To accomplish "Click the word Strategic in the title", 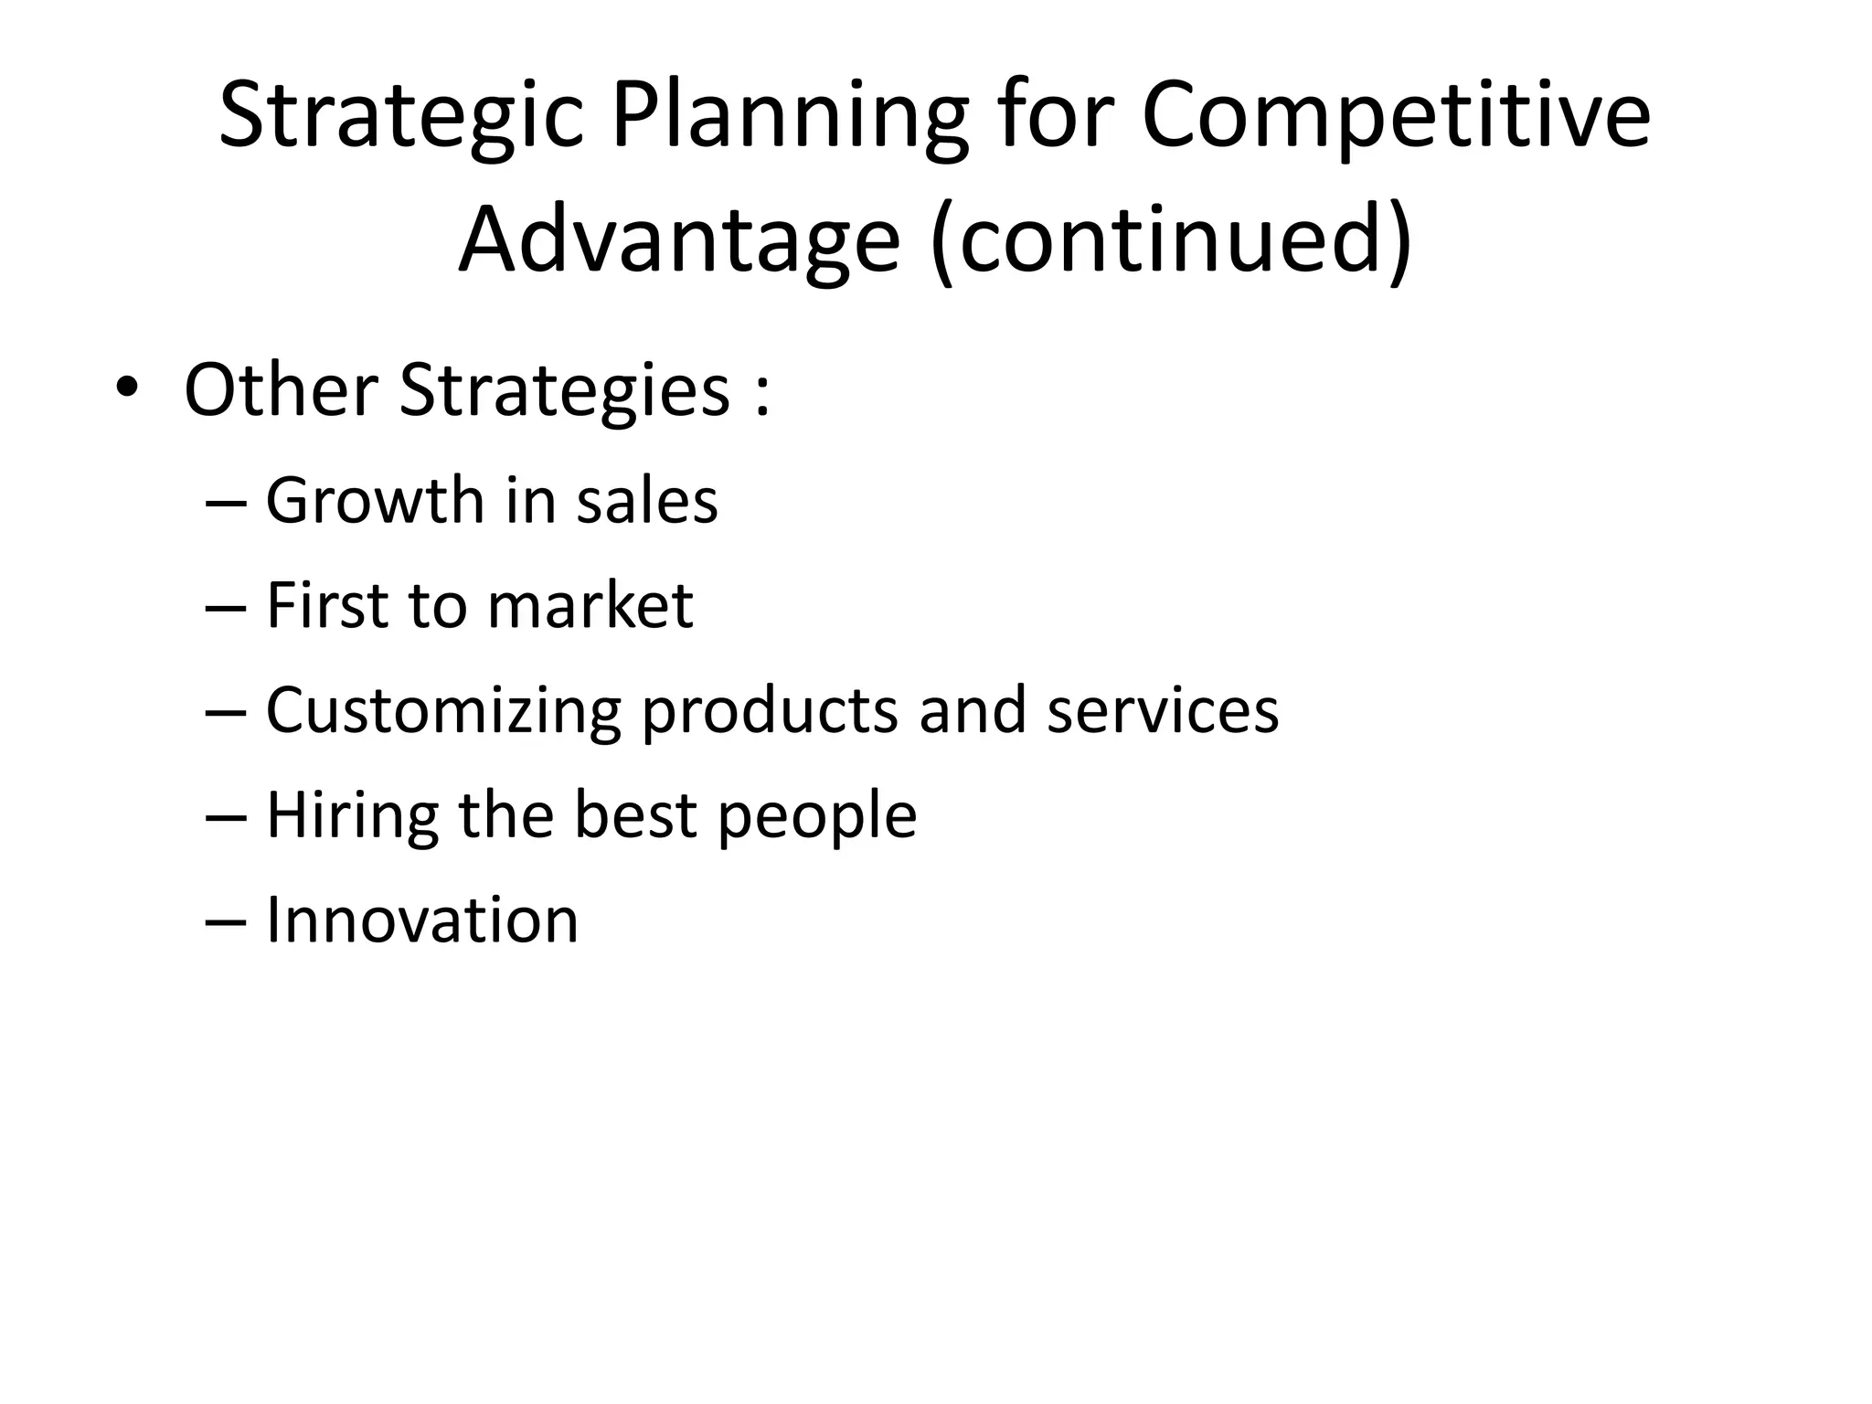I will [400, 117].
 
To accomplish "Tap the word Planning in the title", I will [789, 117].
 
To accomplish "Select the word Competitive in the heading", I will [1396, 117].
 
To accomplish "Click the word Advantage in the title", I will [679, 239].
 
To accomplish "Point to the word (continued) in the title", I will [1172, 239].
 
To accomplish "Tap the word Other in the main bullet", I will [281, 390].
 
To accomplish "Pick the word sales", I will [647, 501].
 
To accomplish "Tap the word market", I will [590, 605].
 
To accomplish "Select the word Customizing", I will [443, 711].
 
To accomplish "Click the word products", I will [771, 711].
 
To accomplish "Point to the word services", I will [1163, 711].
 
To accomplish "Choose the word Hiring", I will [352, 814].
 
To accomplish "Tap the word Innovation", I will [422, 920].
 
